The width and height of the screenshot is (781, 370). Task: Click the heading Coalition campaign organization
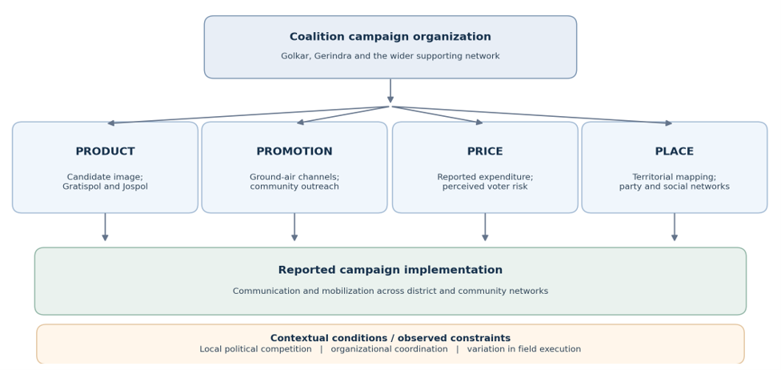pos(390,37)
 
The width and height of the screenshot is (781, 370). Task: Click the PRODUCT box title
pos(105,151)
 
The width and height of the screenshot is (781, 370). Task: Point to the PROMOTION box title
pos(294,151)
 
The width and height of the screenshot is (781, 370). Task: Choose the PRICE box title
pos(485,151)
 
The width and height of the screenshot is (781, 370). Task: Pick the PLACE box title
pos(675,151)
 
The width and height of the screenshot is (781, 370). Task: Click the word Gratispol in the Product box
pos(82,187)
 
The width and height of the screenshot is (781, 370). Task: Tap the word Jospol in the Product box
pos(134,187)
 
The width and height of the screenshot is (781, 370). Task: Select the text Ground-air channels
pos(294,177)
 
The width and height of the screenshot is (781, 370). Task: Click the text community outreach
pos(294,187)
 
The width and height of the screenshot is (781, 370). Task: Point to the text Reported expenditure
pos(484,177)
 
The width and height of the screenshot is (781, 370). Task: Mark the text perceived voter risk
pos(485,187)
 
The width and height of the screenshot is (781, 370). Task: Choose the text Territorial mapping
pos(674,177)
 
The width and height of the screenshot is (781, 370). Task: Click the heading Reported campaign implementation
pos(390,270)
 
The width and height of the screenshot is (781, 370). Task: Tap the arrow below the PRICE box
pos(485,227)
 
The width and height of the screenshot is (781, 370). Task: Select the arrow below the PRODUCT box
pos(105,227)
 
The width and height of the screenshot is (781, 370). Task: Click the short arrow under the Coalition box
pos(390,90)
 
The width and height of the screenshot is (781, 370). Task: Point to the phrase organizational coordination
pos(389,349)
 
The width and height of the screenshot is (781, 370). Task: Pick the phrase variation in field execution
pos(524,349)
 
